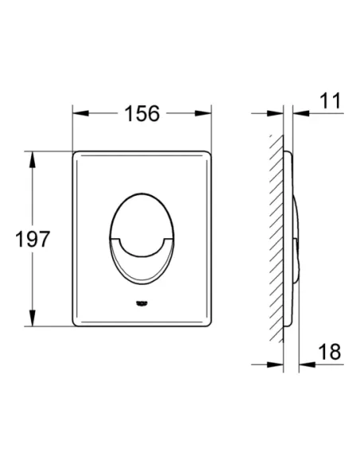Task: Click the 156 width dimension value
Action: click(142, 114)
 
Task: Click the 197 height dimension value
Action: click(33, 239)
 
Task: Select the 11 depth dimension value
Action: click(330, 101)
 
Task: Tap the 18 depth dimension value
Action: click(330, 352)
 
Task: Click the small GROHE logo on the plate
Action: click(142, 303)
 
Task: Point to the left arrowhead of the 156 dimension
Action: click(80, 113)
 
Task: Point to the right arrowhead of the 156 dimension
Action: click(203, 113)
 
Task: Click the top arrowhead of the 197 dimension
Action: click(33, 159)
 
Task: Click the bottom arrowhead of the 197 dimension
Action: click(33, 318)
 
